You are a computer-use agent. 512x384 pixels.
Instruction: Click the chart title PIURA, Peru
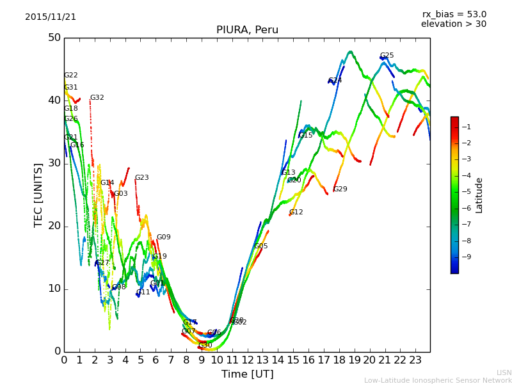point(247,30)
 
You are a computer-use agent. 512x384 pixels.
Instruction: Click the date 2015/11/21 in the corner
point(51,17)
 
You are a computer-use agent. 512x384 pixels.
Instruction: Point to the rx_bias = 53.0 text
point(454,14)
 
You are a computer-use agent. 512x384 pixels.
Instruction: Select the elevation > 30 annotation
point(453,24)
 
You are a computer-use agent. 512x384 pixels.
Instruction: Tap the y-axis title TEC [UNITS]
point(38,195)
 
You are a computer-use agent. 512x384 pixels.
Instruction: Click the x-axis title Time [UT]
point(247,374)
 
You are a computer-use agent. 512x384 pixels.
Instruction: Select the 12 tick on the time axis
point(247,360)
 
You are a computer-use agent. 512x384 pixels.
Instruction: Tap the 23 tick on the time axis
point(415,360)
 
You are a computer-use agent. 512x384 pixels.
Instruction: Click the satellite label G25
point(387,56)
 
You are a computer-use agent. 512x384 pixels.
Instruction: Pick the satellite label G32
point(97,98)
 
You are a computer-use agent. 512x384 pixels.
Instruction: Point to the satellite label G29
point(340,189)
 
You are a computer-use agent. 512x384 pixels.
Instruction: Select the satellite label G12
point(296,212)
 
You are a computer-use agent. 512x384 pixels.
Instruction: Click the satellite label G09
point(163,237)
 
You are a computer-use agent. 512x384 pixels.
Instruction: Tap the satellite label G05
point(260,246)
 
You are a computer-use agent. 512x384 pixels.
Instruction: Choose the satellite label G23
point(141,178)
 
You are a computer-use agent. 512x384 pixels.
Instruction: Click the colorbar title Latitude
point(479,195)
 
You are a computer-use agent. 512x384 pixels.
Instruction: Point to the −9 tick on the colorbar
point(466,257)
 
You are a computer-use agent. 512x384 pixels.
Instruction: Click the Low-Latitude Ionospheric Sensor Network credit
point(438,380)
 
